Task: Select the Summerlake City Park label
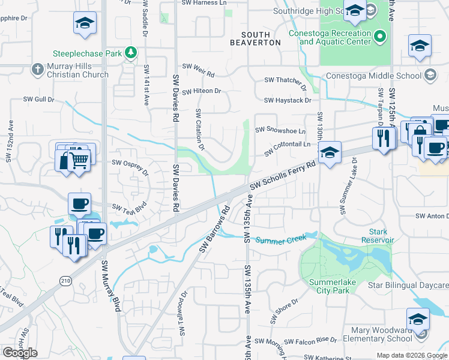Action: [329, 286]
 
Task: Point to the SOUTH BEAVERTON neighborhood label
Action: [256, 39]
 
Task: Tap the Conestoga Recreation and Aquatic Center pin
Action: [379, 37]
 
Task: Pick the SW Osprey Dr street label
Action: [130, 167]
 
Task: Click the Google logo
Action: [20, 353]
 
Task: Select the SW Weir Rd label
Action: [198, 70]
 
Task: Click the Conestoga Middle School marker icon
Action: [430, 76]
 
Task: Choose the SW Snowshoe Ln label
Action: [280, 130]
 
